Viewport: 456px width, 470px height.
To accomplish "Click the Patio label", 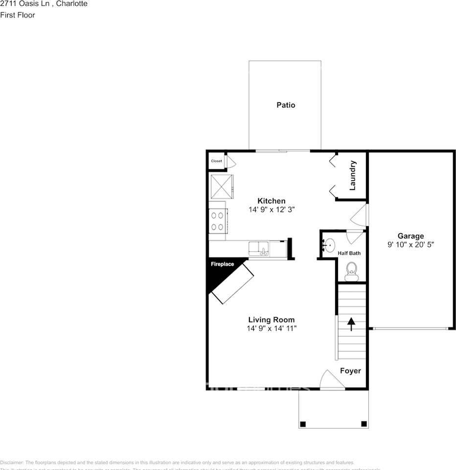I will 286,105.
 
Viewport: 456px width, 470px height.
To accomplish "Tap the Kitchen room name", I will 272,201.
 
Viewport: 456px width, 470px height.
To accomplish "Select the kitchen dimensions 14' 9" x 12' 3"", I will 272,209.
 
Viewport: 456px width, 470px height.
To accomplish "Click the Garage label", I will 410,235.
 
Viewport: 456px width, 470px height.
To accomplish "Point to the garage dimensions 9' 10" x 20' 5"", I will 410,244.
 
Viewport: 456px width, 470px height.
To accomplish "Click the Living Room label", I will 272,320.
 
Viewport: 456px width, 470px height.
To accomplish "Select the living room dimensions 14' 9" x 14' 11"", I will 272,329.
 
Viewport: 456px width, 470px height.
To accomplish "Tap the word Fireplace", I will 222,264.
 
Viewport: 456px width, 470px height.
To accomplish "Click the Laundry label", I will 352,176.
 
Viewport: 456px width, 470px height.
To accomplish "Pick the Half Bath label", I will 349,253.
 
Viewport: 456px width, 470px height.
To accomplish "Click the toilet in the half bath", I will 351,270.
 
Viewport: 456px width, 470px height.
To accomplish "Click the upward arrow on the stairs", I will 351,323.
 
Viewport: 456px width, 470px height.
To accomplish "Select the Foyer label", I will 350,371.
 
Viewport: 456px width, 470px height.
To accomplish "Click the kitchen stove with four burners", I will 218,220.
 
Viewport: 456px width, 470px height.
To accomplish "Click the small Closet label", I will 216,161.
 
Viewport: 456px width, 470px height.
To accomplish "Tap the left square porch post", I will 303,423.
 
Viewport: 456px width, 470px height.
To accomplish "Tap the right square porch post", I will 364,423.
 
